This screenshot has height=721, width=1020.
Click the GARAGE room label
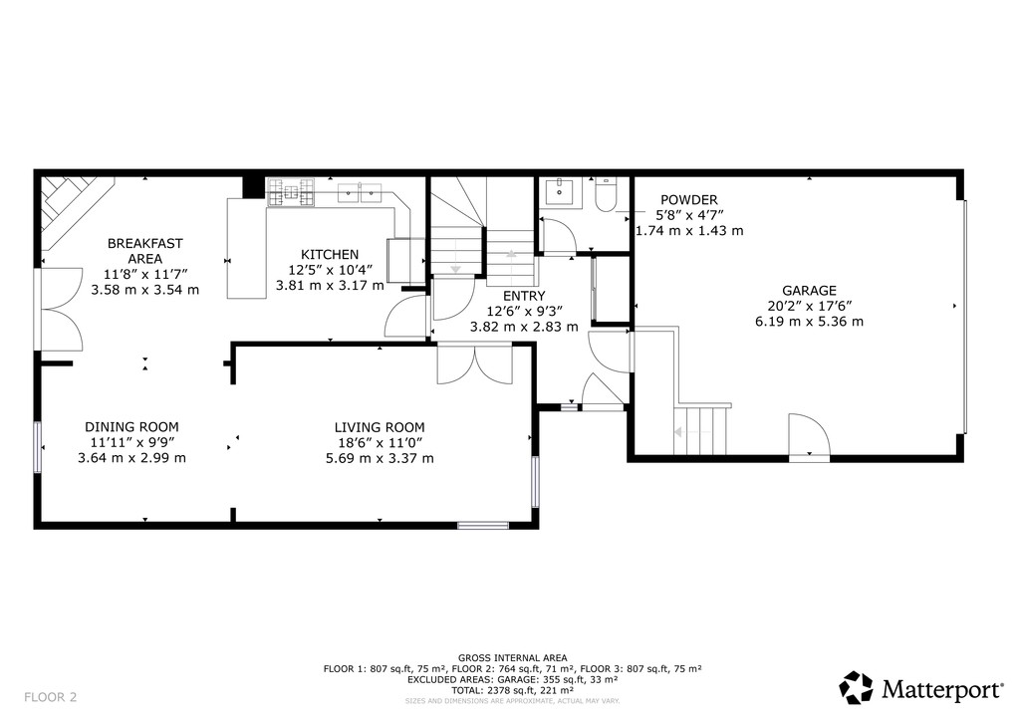point(809,291)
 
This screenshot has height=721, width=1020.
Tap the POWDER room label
point(689,199)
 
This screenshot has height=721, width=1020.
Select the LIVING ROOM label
point(380,427)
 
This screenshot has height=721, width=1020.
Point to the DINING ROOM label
point(131,426)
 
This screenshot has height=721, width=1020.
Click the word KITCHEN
point(329,254)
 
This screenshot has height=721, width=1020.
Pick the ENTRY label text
point(524,296)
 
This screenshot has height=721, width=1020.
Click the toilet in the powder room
point(606,195)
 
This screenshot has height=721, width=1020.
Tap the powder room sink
point(560,192)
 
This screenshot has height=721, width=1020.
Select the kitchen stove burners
point(290,192)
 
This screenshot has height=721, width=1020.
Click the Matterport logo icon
point(856,688)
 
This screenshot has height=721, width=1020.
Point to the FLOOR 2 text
point(50,697)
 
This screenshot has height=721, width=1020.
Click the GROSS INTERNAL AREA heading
point(512,658)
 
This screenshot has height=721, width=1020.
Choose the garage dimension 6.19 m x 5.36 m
point(809,322)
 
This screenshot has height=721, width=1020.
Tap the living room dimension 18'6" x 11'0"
point(380,443)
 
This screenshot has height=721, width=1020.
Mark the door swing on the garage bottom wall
point(809,435)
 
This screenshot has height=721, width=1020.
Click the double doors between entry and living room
point(474,364)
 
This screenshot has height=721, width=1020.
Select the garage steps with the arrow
point(700,431)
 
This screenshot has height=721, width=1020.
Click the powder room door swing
point(558,235)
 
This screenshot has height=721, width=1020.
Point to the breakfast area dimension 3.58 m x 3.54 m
point(145,290)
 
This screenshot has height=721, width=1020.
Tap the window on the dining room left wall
point(38,447)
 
